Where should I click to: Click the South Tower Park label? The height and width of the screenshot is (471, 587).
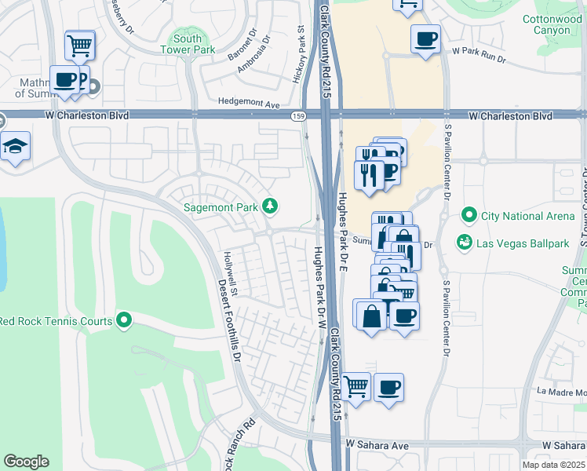click(x=188, y=45)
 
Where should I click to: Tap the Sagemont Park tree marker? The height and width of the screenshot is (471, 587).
click(x=270, y=206)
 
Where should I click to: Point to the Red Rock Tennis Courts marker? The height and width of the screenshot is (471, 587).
click(x=124, y=320)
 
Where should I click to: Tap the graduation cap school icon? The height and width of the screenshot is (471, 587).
click(x=15, y=147)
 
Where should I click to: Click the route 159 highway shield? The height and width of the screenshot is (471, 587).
click(x=298, y=116)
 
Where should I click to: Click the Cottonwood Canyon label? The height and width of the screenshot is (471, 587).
click(x=552, y=24)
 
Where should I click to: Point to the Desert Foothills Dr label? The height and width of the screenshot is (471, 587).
click(x=228, y=322)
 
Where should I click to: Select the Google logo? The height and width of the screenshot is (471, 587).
click(x=26, y=462)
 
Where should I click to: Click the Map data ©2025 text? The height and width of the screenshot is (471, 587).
click(x=554, y=465)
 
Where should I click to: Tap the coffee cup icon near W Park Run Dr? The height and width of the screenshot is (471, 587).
click(x=425, y=38)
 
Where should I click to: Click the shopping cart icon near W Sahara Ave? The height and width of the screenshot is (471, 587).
click(x=356, y=386)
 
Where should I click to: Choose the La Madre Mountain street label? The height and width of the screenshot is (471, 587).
click(x=561, y=391)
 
